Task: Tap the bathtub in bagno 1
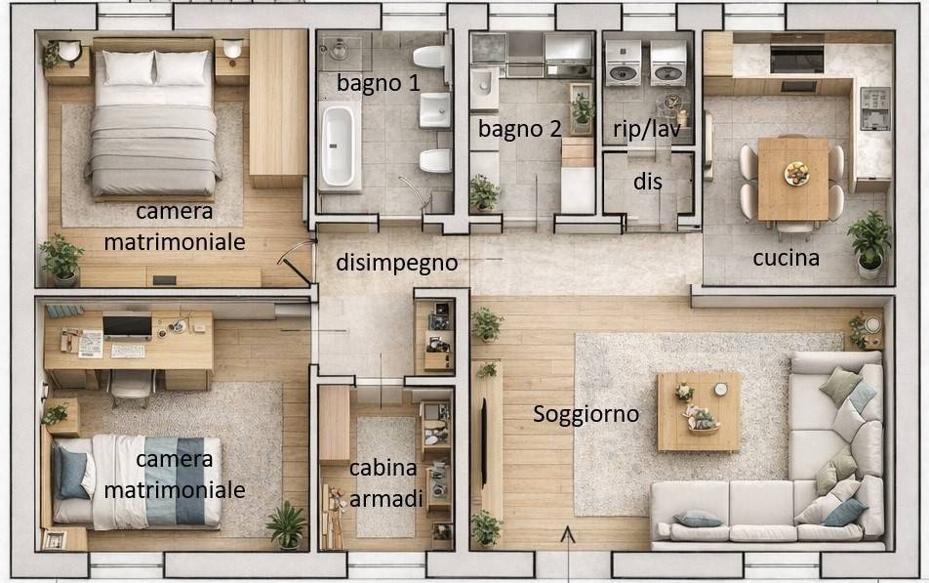tap(338, 146)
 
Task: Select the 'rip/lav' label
tap(640, 129)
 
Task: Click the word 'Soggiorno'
tap(586, 414)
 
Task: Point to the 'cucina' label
tap(786, 259)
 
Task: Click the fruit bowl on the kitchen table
tap(796, 173)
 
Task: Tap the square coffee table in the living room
tap(698, 411)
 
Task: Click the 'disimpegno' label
tap(396, 263)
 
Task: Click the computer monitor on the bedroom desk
tap(127, 325)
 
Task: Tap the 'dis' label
tap(647, 182)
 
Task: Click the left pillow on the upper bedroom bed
tap(128, 67)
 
